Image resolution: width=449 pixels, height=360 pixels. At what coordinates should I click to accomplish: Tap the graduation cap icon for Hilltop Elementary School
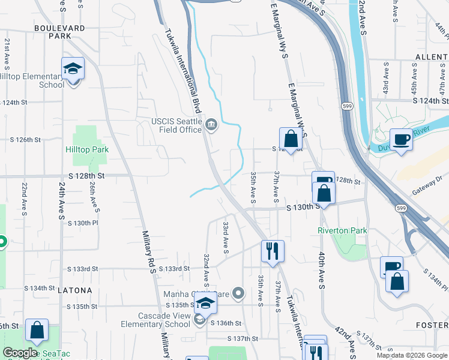[73, 69]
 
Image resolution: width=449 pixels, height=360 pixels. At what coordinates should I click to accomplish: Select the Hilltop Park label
[87, 149]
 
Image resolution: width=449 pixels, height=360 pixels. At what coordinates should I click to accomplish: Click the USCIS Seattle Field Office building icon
[211, 125]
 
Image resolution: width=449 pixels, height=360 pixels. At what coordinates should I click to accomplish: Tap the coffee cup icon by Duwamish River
[401, 139]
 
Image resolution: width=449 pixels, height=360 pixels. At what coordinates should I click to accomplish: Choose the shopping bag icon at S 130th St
[324, 194]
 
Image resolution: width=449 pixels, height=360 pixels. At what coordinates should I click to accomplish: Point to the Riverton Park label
[342, 230]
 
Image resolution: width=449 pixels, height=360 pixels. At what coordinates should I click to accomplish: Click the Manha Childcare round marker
[239, 293]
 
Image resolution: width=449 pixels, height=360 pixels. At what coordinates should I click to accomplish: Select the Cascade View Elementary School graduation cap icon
[206, 304]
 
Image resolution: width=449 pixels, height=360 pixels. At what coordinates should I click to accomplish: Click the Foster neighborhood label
[432, 325]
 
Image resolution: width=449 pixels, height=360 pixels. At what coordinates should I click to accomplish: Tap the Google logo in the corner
[20, 353]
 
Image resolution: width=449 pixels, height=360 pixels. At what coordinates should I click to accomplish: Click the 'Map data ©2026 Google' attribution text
[412, 355]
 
